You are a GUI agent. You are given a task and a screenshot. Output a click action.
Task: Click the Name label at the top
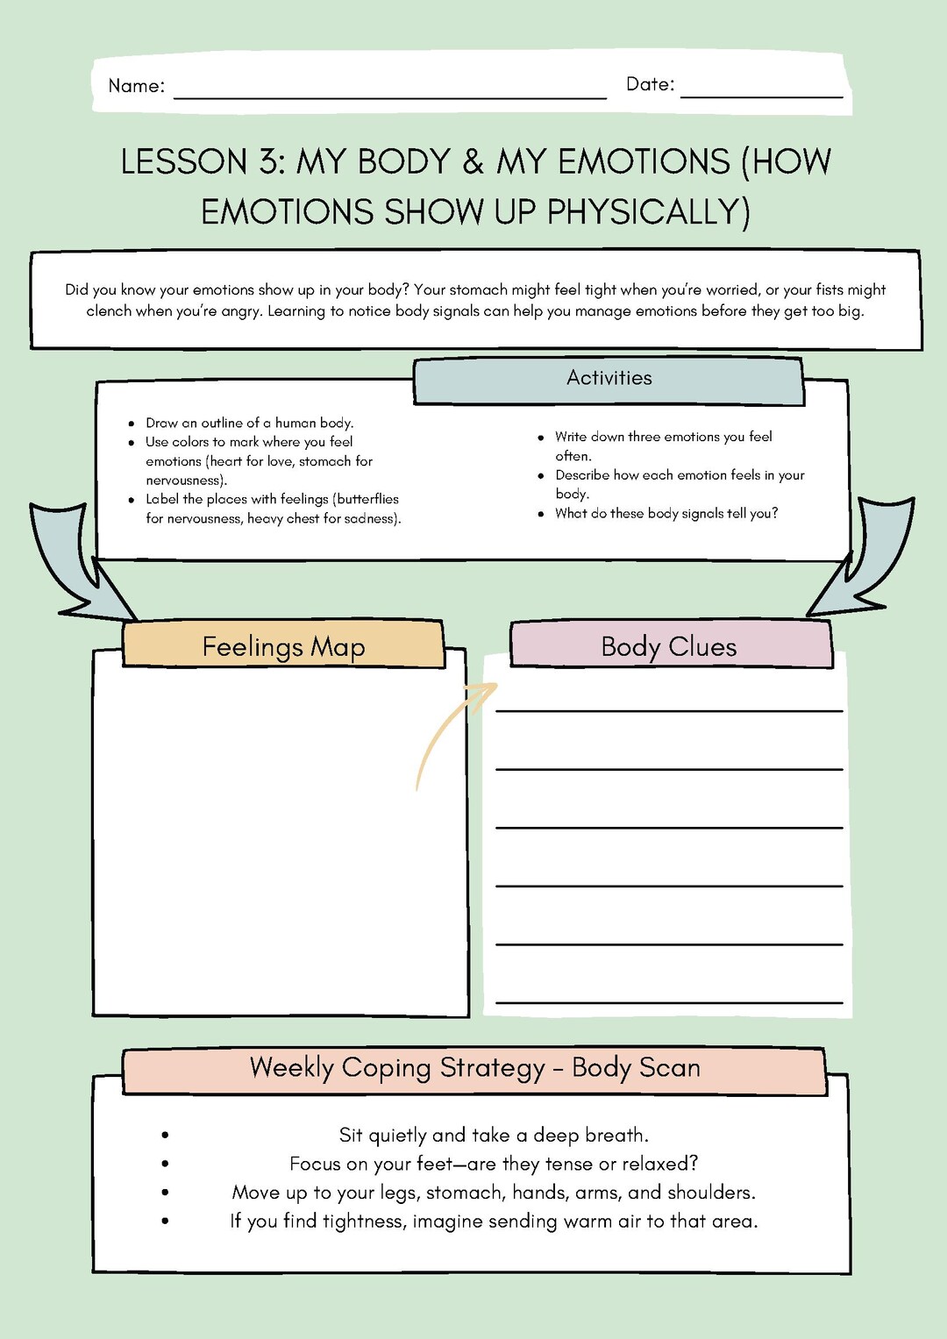tap(136, 86)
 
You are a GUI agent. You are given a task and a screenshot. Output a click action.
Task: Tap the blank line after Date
tap(761, 96)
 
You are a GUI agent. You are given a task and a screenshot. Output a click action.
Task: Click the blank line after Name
tap(390, 97)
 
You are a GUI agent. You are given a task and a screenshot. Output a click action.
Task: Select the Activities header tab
tap(609, 379)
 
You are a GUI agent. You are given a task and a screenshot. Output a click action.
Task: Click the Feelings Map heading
tap(283, 647)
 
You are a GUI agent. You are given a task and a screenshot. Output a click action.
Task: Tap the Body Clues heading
tap(669, 647)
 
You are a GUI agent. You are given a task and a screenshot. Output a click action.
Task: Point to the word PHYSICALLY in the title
tap(648, 212)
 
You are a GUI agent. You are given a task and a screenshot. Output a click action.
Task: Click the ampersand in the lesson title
tap(473, 162)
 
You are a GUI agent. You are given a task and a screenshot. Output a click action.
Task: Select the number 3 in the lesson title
tap(269, 162)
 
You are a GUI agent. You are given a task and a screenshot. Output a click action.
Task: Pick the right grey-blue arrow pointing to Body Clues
tap(863, 561)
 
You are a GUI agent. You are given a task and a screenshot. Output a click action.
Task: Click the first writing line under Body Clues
tap(669, 710)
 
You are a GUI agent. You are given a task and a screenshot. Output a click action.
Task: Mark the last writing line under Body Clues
tap(669, 1001)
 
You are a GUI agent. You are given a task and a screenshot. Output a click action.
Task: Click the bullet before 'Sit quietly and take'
tap(165, 1136)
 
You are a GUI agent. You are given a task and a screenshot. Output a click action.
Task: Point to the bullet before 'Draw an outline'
tap(132, 424)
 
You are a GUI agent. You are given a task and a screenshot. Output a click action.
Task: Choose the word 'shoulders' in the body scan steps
tap(709, 1193)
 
